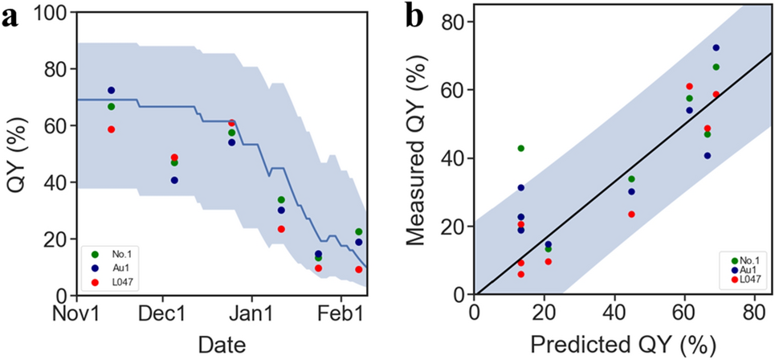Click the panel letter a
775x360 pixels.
pyautogui.click(x=11, y=18)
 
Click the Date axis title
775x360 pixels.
pyautogui.click(x=219, y=343)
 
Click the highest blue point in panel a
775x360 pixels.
pyautogui.click(x=112, y=91)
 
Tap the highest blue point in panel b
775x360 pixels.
pyautogui.click(x=716, y=48)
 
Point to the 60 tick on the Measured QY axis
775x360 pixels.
pyautogui.click(x=457, y=90)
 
